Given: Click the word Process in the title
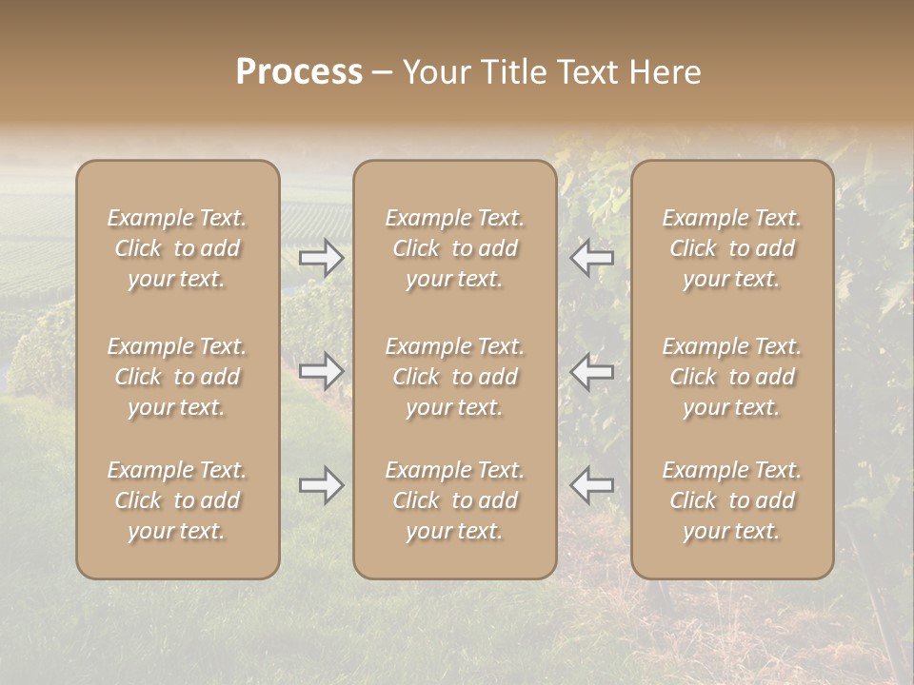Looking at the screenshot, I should (x=299, y=72).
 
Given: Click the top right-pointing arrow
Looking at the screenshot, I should (x=322, y=258).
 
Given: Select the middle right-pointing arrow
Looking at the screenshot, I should (x=322, y=371).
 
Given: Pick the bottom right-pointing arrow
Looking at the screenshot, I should (x=322, y=485).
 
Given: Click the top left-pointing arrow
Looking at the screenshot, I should (x=591, y=258).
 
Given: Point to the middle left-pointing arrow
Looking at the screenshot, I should (x=591, y=371).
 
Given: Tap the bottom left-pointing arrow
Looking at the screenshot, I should (x=591, y=485).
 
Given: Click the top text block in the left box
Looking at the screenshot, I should (x=177, y=248).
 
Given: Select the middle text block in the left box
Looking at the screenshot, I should (x=177, y=377).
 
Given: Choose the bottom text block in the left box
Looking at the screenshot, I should (x=177, y=500).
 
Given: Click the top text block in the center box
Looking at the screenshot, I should (x=455, y=248).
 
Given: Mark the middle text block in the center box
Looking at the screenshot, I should (x=455, y=377).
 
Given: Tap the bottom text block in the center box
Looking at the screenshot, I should (x=455, y=500).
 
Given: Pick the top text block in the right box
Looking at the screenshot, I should (x=732, y=248).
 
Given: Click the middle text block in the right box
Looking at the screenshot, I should (x=732, y=377).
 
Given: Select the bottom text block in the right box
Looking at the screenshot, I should (x=732, y=500).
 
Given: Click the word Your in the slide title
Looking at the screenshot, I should (x=434, y=72).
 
